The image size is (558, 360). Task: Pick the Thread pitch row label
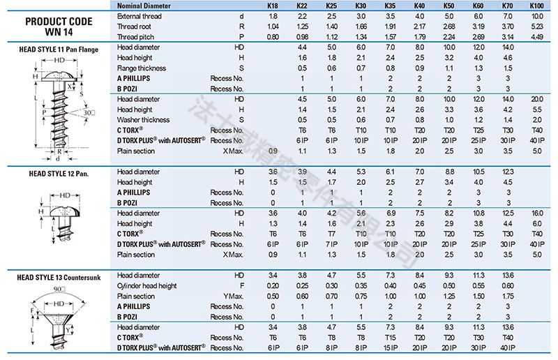click(x=135, y=36)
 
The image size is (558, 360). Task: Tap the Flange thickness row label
click(x=142, y=68)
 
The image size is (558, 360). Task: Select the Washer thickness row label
click(x=143, y=120)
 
